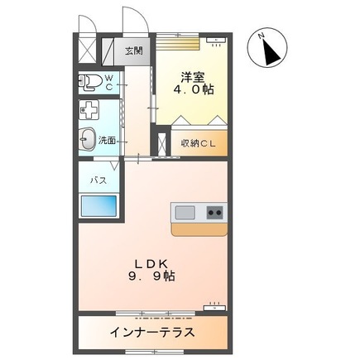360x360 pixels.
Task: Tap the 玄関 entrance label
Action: click(133, 50)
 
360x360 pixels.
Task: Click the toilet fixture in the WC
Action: click(89, 82)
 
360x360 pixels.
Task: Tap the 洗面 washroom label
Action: click(108, 141)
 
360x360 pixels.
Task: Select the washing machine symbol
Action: click(90, 110)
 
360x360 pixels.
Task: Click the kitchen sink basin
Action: click(185, 213)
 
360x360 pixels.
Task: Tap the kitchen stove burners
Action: click(214, 213)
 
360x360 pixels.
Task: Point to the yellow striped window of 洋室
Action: click(180, 38)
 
